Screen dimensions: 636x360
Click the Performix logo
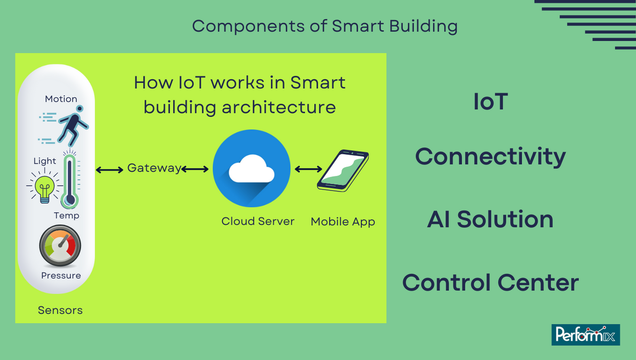[585, 335]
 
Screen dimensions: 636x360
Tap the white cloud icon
[252, 168]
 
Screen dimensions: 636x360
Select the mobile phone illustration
[343, 170]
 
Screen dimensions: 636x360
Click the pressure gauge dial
[60, 246]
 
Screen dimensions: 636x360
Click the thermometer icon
[70, 179]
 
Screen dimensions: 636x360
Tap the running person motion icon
[64, 125]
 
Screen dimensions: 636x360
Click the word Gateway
[154, 168]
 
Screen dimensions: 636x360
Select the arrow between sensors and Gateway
[110, 170]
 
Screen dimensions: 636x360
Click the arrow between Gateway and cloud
[195, 169]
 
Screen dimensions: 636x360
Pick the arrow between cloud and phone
[308, 169]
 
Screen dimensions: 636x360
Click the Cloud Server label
[258, 221]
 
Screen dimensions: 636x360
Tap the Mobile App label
[343, 222]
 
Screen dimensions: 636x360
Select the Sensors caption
[60, 310]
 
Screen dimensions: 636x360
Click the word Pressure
[61, 276]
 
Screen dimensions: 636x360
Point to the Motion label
[61, 99]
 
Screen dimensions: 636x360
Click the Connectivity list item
[490, 157]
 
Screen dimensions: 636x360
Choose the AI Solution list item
[490, 219]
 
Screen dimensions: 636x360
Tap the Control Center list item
[490, 283]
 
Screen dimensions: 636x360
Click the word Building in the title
[423, 26]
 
